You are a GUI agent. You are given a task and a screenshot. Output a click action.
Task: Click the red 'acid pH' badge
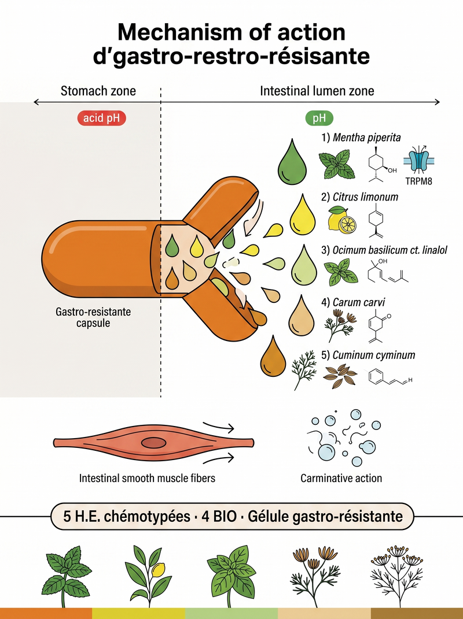102,118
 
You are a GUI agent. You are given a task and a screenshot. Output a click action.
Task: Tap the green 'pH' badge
319,118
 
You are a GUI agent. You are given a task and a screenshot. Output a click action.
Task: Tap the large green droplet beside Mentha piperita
293,162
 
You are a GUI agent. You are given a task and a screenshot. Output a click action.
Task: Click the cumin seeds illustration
340,376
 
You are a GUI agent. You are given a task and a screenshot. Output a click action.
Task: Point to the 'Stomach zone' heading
98,91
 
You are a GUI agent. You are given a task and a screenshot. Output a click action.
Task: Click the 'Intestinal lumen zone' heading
317,91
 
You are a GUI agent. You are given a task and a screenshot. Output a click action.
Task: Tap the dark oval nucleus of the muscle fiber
154,443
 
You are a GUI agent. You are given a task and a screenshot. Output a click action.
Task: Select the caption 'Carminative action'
341,478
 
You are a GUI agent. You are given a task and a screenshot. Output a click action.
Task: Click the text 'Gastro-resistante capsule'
93,317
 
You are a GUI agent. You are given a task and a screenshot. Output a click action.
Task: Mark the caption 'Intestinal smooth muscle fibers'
147,478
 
